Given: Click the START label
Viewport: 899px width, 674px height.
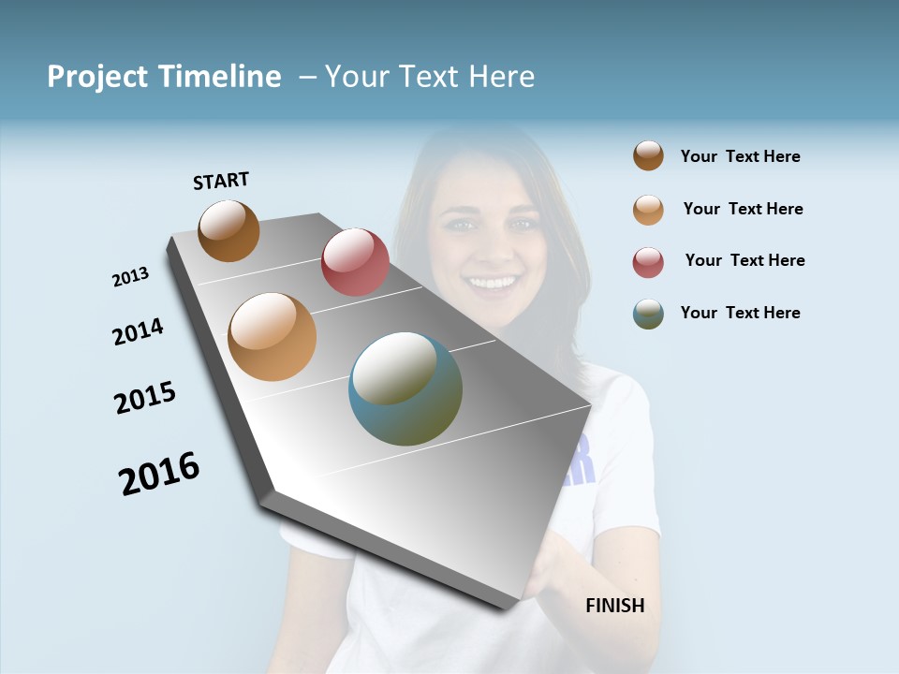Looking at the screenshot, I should tap(221, 181).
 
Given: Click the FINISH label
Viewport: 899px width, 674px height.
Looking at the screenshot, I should tap(614, 606).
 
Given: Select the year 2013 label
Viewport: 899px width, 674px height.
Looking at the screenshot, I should tap(130, 277).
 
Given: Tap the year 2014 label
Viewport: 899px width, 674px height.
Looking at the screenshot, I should tap(138, 331).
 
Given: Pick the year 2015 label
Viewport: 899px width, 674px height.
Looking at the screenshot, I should tap(145, 398).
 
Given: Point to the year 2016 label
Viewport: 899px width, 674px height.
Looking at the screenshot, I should tap(159, 473).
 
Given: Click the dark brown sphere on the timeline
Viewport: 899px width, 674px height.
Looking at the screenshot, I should tap(228, 230).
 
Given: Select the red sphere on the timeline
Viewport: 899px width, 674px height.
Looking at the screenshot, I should tap(355, 261).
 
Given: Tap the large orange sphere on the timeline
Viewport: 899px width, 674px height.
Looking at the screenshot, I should tap(273, 337).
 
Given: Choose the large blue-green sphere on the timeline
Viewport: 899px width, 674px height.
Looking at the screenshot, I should tap(405, 388).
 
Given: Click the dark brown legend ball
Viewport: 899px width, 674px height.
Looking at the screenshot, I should tap(648, 155).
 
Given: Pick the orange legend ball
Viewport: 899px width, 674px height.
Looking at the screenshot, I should tap(648, 209).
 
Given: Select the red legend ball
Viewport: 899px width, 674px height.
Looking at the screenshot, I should tap(648, 262).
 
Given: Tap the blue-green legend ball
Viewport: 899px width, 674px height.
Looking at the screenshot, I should tap(648, 314).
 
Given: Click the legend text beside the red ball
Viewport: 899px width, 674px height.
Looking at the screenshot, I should tap(744, 260).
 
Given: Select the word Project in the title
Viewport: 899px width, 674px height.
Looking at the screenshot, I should tap(96, 77).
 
